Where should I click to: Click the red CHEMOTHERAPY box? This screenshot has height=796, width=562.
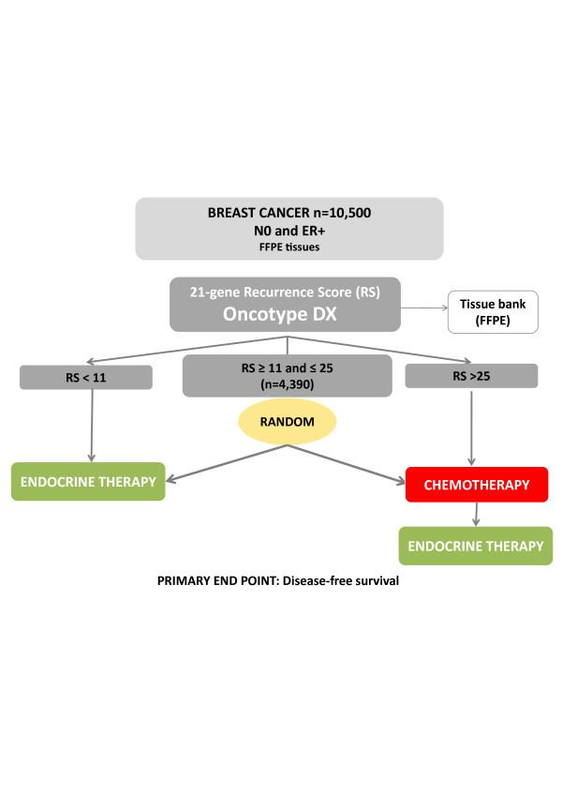pos(477,485)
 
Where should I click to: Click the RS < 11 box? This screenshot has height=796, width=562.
pos(85,376)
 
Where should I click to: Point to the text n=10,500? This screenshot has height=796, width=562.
pos(342,213)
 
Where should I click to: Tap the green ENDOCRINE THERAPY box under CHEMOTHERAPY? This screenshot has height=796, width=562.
pos(476,546)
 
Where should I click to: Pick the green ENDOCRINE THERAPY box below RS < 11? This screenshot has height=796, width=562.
pos(89,482)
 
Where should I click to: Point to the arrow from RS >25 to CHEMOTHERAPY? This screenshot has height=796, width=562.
pos(471,427)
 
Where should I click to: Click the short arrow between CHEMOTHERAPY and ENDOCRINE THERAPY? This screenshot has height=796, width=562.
pos(477,514)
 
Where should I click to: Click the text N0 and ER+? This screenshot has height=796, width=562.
pos(288,230)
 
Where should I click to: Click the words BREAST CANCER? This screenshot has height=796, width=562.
pos(254,213)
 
